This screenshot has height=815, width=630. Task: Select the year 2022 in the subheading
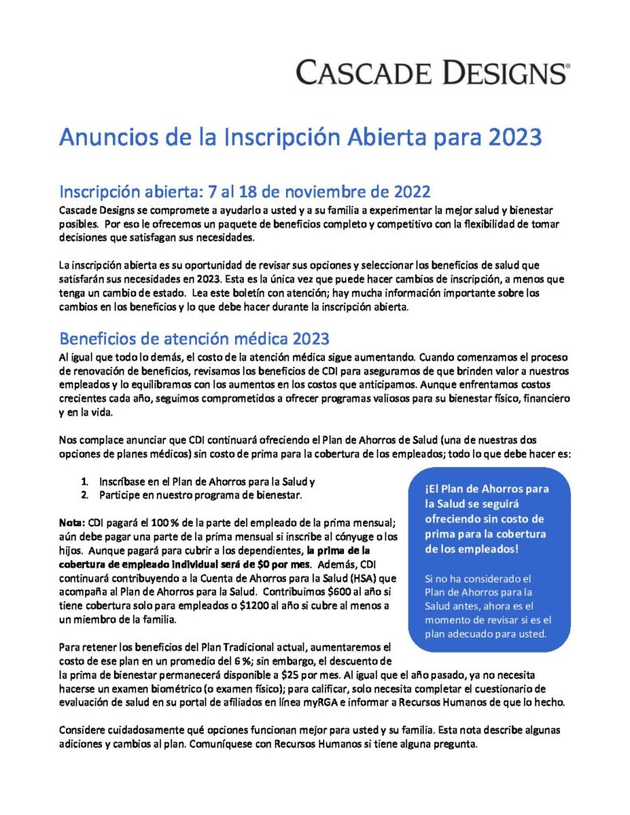click(409, 192)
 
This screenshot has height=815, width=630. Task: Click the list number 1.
click(84, 482)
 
